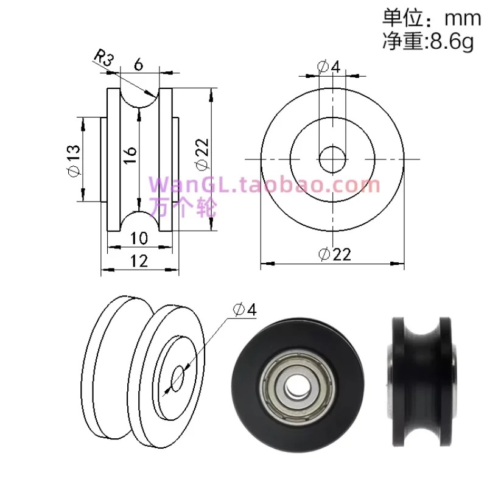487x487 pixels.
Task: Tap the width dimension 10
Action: click(x=139, y=237)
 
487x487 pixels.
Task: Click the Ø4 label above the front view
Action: click(x=329, y=66)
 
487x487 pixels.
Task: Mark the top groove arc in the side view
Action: click(x=139, y=100)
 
